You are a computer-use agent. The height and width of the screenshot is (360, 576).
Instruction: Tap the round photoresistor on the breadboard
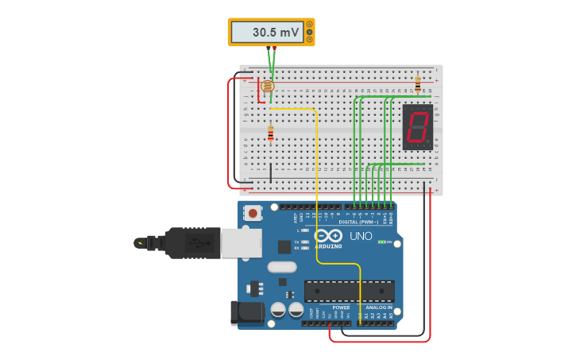pos(268,86)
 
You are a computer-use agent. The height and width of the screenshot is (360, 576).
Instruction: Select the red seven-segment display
pos(418,126)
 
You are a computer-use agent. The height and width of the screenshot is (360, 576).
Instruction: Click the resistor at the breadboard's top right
pos(418,83)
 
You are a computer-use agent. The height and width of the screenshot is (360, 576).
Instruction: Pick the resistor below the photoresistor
pos(270,134)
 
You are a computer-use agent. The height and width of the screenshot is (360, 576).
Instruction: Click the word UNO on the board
pos(361,236)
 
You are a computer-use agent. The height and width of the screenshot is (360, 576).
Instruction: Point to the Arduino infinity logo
pos(327,235)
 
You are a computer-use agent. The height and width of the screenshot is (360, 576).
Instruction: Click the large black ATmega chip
pos(349,291)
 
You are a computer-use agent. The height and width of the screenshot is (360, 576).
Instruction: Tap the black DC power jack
pos(246,312)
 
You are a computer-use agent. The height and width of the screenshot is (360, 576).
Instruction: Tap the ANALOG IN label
pos(378,308)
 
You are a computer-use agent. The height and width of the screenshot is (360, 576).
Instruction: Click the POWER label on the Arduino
pos(341,308)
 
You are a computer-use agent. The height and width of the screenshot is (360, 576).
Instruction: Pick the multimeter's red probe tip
pos(275,49)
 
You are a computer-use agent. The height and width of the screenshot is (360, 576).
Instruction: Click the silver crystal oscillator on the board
pos(281,267)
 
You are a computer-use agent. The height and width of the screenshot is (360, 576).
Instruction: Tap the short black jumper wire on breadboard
pos(270,172)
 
